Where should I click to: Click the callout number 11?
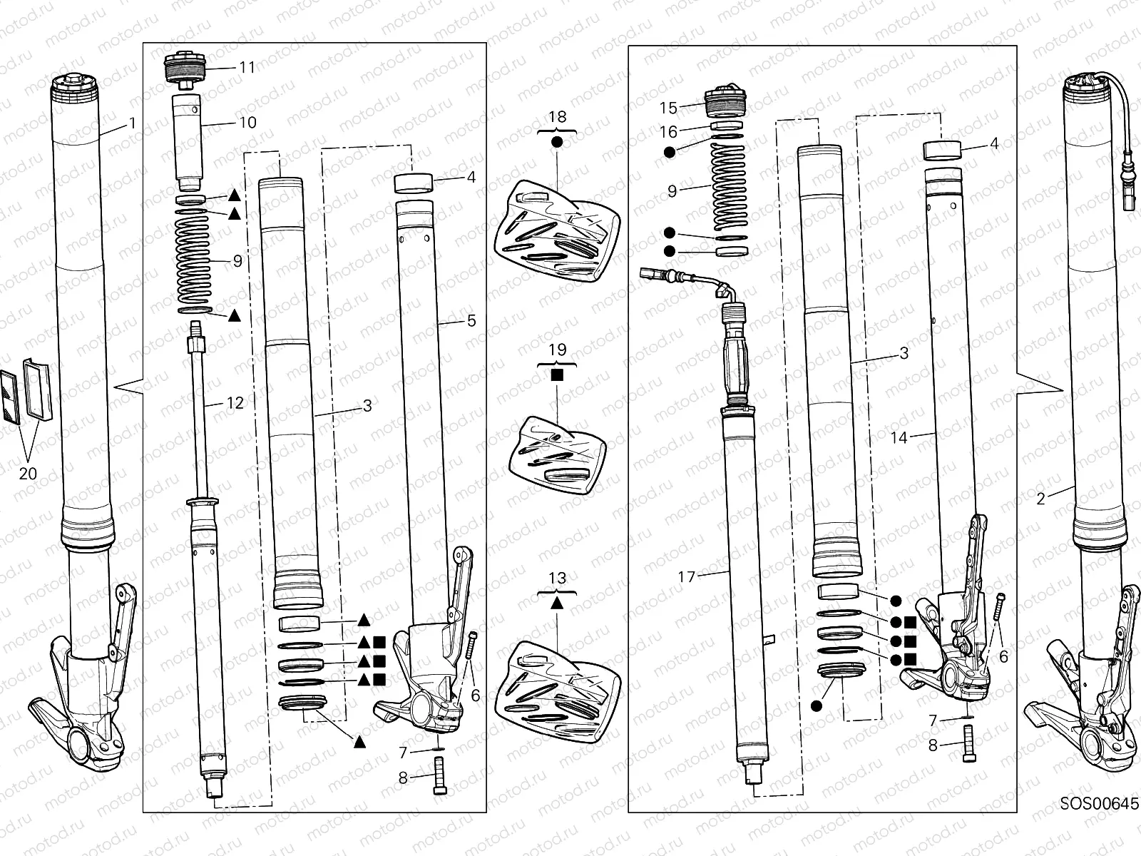click(x=247, y=68)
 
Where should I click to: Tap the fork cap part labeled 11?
click(x=185, y=68)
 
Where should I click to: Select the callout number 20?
click(x=27, y=473)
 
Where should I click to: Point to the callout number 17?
click(x=686, y=576)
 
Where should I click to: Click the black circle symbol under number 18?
click(x=558, y=142)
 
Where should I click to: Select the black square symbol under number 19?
click(x=558, y=374)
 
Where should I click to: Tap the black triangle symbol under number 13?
click(x=558, y=602)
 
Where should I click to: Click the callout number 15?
click(x=668, y=108)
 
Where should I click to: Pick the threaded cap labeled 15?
click(x=725, y=102)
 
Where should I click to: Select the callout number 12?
click(x=235, y=403)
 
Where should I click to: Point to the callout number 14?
click(x=899, y=438)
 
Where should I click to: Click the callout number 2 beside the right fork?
click(x=1040, y=499)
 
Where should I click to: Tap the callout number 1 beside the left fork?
click(x=131, y=123)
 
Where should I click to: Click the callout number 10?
click(x=247, y=123)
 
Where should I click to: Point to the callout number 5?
click(x=471, y=321)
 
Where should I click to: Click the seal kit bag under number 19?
click(x=558, y=455)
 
